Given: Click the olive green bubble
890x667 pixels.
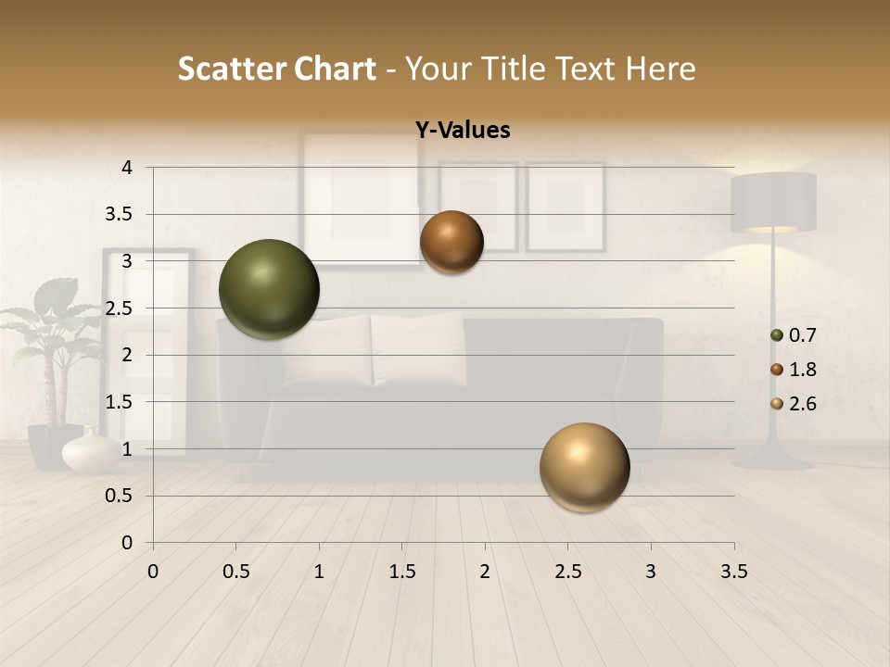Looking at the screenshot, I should pos(269,289).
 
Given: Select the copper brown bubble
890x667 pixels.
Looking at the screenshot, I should pos(451,242).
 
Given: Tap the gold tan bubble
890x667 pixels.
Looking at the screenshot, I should pos(584,468).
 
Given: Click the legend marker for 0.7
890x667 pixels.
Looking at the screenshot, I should pos(777,335).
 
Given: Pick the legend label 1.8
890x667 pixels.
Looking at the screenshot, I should pos(803,370).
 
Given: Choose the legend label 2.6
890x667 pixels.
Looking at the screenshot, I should pos(803,404).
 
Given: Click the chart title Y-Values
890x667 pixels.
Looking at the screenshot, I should pos(463,131).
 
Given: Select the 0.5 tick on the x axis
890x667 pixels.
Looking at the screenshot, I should pos(236,573).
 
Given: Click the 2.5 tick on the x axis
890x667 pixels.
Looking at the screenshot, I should pos(567,573).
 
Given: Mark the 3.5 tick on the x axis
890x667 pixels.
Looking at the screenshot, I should pos(733,573).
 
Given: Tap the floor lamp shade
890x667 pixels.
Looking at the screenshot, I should pos(773,202).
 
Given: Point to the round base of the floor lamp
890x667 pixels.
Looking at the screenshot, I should pos(771,459).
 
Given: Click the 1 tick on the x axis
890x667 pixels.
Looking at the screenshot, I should pos(319,573).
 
